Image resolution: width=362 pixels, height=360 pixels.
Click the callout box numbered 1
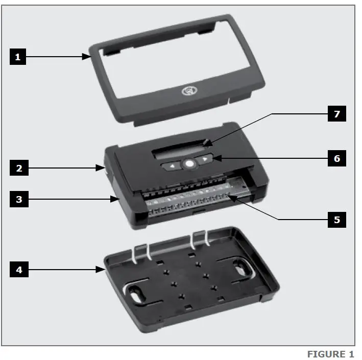[x=17, y=57]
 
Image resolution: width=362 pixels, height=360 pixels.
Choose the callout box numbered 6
[x=336, y=158]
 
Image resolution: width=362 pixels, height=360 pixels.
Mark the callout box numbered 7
[x=336, y=114]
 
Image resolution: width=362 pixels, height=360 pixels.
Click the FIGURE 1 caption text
[x=330, y=354]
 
